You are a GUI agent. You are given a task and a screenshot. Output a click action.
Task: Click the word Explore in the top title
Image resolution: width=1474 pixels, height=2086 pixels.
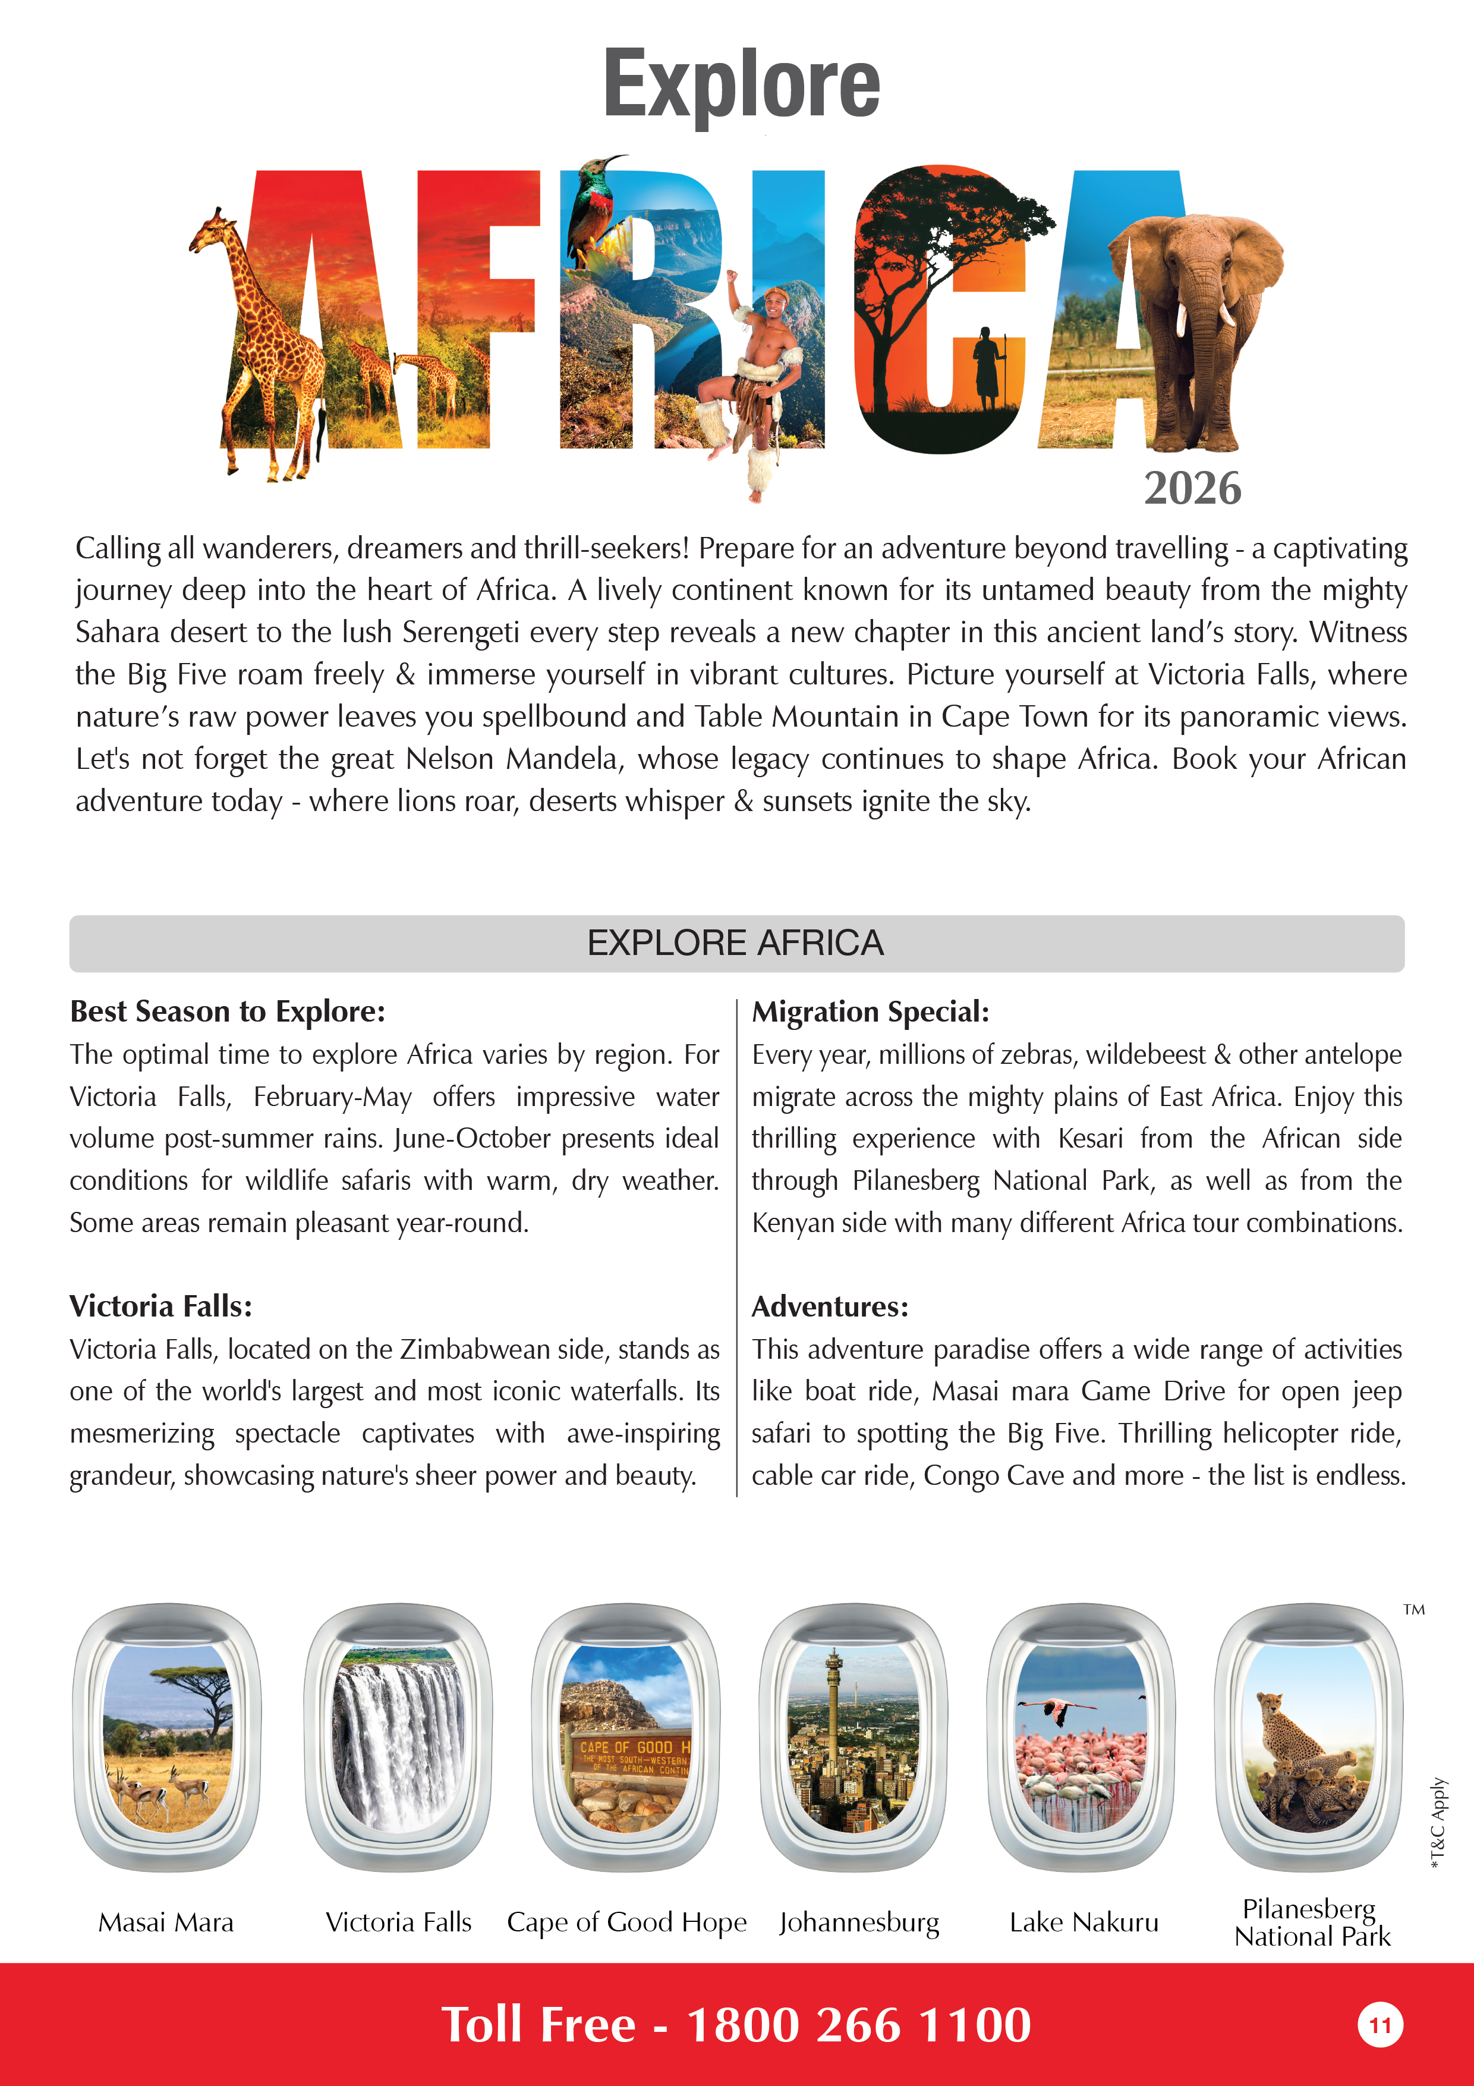point(741,84)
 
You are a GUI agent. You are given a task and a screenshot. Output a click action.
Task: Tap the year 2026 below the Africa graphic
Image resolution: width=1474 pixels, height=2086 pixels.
point(1192,489)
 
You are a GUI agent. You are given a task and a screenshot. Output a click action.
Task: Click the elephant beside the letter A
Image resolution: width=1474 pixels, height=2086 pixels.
point(1199,318)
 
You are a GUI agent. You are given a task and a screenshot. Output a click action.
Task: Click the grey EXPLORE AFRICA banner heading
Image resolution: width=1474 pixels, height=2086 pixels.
point(736,943)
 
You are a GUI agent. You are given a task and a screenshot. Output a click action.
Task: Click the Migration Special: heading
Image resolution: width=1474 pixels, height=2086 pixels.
point(870,1011)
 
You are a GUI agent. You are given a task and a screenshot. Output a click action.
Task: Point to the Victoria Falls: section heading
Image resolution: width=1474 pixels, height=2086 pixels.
point(160,1306)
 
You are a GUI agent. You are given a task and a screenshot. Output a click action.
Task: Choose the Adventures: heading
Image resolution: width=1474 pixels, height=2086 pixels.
point(829,1306)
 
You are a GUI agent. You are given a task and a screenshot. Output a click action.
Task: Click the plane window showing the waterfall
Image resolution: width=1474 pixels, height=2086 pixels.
point(398,1737)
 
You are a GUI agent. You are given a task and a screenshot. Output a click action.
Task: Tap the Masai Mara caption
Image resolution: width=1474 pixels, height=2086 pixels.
point(166,1922)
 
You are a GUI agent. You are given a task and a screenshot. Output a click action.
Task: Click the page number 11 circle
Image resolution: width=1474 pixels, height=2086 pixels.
point(1379,2025)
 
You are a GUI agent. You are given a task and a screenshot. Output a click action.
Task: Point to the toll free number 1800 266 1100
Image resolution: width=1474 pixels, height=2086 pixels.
point(858,2025)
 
